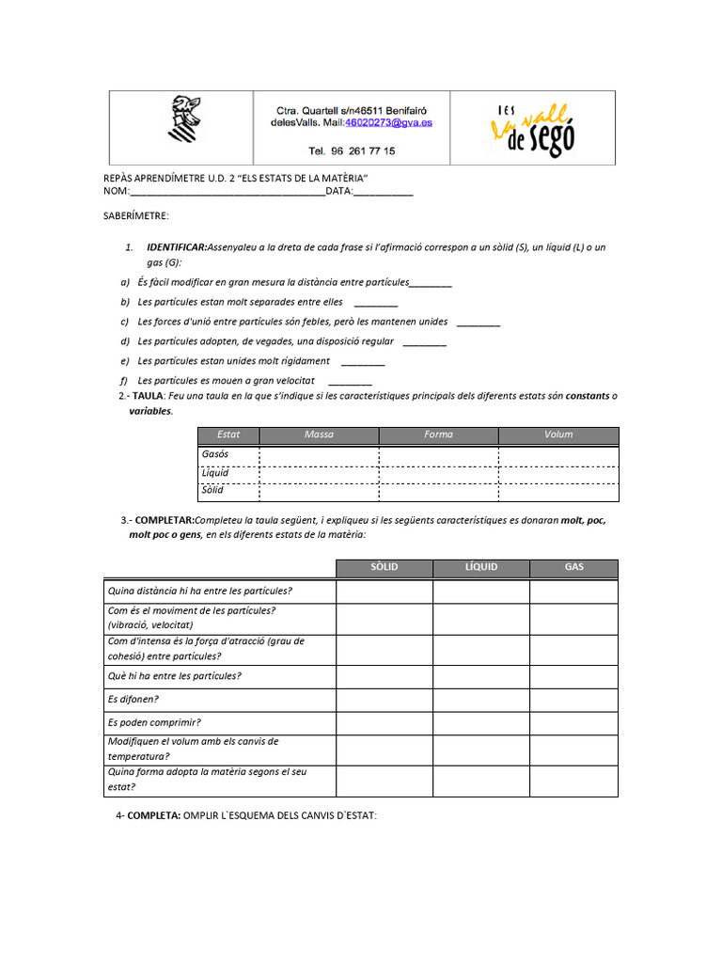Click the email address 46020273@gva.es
[388, 122]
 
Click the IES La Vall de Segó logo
[532, 129]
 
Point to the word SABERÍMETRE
[135, 216]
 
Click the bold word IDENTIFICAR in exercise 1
[177, 247]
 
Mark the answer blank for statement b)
[376, 303]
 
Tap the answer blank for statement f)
[351, 381]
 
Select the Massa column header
[319, 434]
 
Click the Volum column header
[558, 434]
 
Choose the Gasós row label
[215, 454]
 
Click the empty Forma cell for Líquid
[438, 473]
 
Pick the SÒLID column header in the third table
[385, 567]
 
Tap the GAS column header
[573, 567]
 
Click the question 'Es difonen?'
[133, 699]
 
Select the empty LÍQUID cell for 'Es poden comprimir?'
[480, 723]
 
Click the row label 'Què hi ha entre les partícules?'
[175, 676]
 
